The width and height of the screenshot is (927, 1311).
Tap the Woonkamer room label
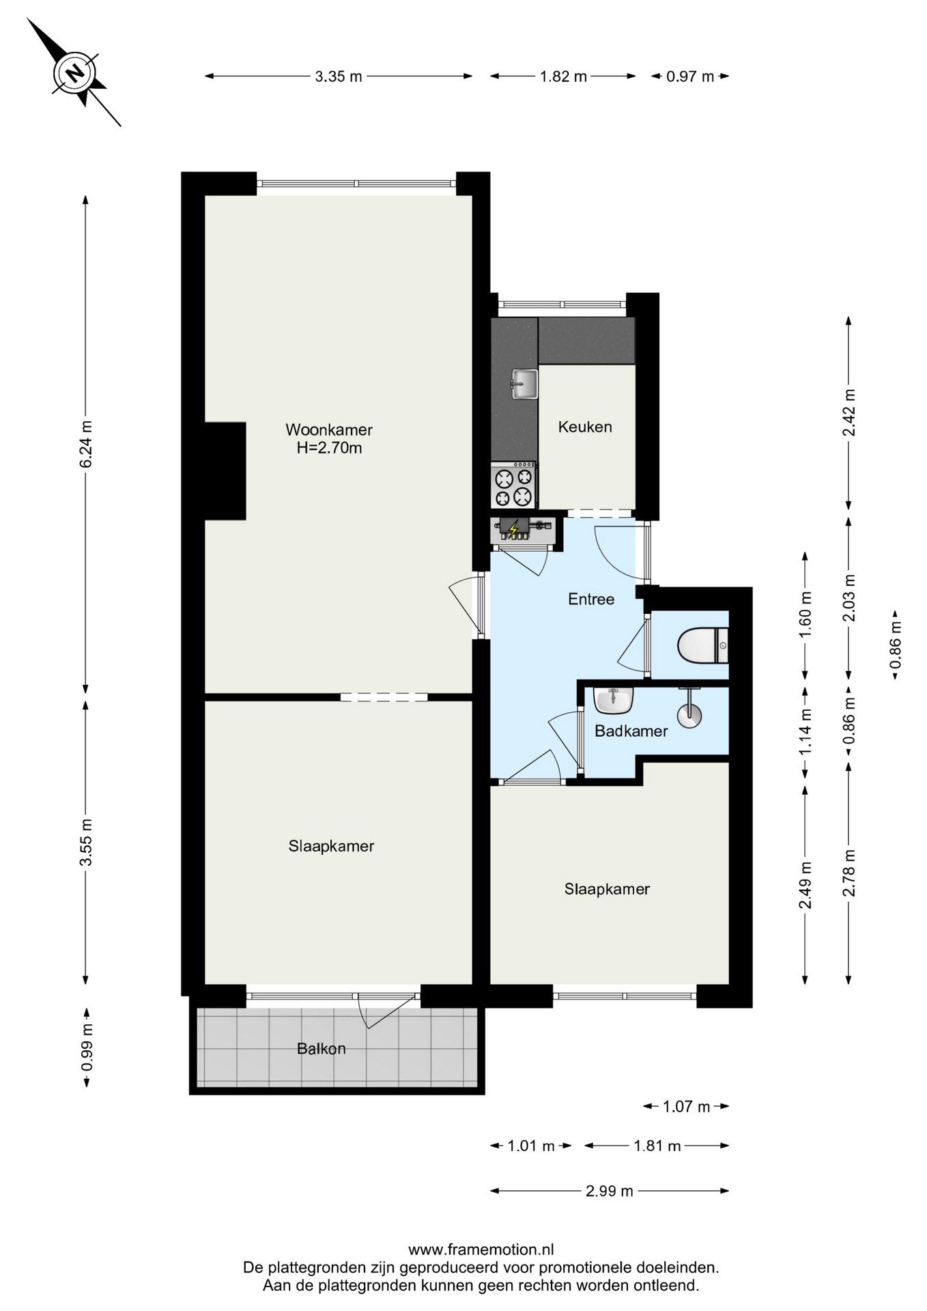pos(329,429)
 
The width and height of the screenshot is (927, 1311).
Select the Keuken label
pos(585,427)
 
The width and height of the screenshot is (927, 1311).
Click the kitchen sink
pos(524,384)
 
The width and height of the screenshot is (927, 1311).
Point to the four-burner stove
pos(514,485)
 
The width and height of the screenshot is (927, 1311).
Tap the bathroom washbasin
pos(614,701)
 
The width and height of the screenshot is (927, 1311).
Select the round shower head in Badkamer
pos(689,715)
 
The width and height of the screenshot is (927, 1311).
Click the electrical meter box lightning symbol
pos(513,528)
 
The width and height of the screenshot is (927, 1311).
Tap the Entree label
pos(591,599)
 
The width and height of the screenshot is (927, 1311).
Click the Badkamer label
pos(631,731)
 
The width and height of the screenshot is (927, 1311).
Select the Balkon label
pos(322,1048)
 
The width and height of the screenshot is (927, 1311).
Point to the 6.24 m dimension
pos(86,444)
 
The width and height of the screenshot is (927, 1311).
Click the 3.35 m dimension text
pos(339,76)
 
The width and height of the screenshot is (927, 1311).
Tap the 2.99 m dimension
pos(610,1191)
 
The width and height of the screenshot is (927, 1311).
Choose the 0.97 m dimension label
pos(690,76)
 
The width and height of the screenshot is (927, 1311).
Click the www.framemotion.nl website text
pos(481,1250)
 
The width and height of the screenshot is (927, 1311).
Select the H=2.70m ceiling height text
pos(329,448)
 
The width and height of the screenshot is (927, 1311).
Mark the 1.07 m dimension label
pos(687,1106)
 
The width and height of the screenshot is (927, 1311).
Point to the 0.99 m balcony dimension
pos(86,1047)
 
